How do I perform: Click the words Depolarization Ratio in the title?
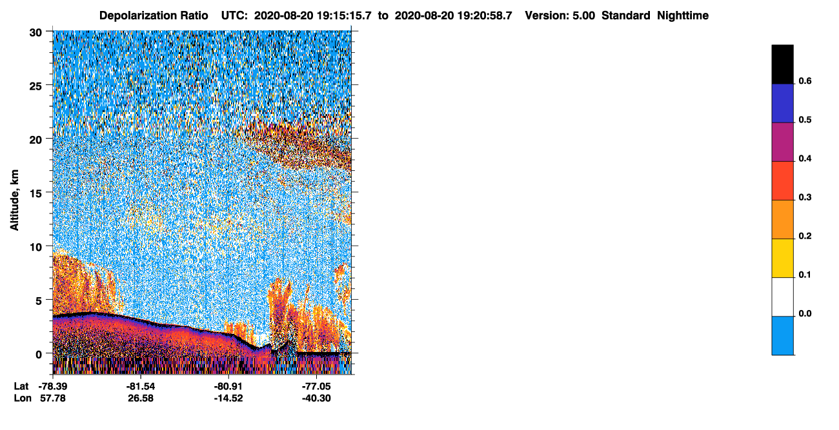(x=154, y=15)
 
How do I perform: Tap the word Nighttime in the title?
(x=683, y=15)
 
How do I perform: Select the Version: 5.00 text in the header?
(x=560, y=15)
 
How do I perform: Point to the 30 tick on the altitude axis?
(x=35, y=33)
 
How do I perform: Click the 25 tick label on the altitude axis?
(x=35, y=86)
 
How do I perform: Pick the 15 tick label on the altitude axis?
(x=35, y=194)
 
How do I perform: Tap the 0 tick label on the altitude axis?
(x=39, y=355)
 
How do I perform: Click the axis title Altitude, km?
(x=14, y=200)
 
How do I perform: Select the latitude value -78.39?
(x=52, y=386)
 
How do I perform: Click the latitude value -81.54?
(x=141, y=386)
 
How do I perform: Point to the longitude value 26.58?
(x=141, y=398)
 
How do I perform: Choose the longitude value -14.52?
(x=228, y=398)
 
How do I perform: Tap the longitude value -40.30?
(x=316, y=398)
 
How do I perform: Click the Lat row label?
(x=21, y=386)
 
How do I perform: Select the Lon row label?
(x=23, y=398)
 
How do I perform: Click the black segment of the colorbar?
(x=782, y=64)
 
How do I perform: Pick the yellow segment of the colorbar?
(x=782, y=259)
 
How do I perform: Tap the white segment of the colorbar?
(x=782, y=297)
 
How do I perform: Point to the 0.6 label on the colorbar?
(x=805, y=81)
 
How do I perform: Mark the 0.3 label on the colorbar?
(x=805, y=197)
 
